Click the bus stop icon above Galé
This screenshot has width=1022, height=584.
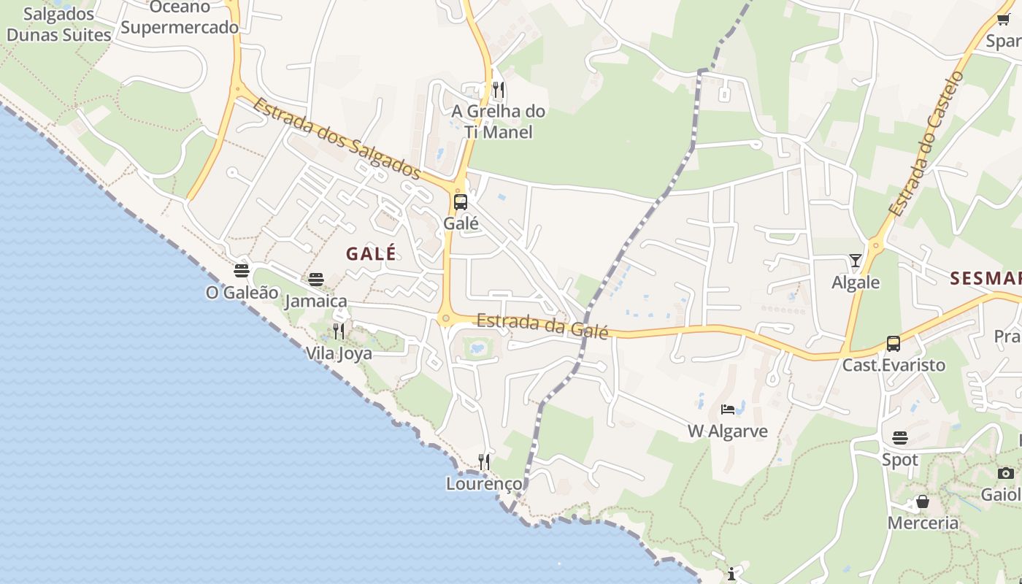click(461, 202)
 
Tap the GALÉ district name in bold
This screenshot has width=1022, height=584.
click(371, 253)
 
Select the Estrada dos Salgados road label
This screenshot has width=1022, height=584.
click(337, 139)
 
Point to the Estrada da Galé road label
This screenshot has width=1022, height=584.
click(542, 325)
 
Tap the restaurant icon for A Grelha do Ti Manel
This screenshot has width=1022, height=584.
click(499, 90)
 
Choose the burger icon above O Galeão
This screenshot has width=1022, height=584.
click(242, 271)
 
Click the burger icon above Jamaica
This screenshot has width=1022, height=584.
click(316, 279)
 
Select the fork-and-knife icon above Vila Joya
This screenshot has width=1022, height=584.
click(339, 331)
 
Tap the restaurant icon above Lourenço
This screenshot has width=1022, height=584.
click(484, 461)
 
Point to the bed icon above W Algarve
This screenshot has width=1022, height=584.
click(728, 409)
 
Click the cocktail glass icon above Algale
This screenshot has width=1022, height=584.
click(856, 260)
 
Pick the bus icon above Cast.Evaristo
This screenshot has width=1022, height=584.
click(894, 343)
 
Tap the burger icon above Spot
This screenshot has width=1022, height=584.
click(900, 438)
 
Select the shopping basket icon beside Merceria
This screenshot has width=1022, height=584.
click(923, 502)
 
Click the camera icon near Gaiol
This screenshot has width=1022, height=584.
click(1006, 473)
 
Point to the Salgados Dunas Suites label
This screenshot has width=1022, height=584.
click(58, 24)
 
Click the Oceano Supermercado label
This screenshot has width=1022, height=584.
click(180, 18)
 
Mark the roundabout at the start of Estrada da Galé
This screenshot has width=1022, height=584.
click(445, 318)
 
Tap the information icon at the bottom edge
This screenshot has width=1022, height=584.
click(731, 573)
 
